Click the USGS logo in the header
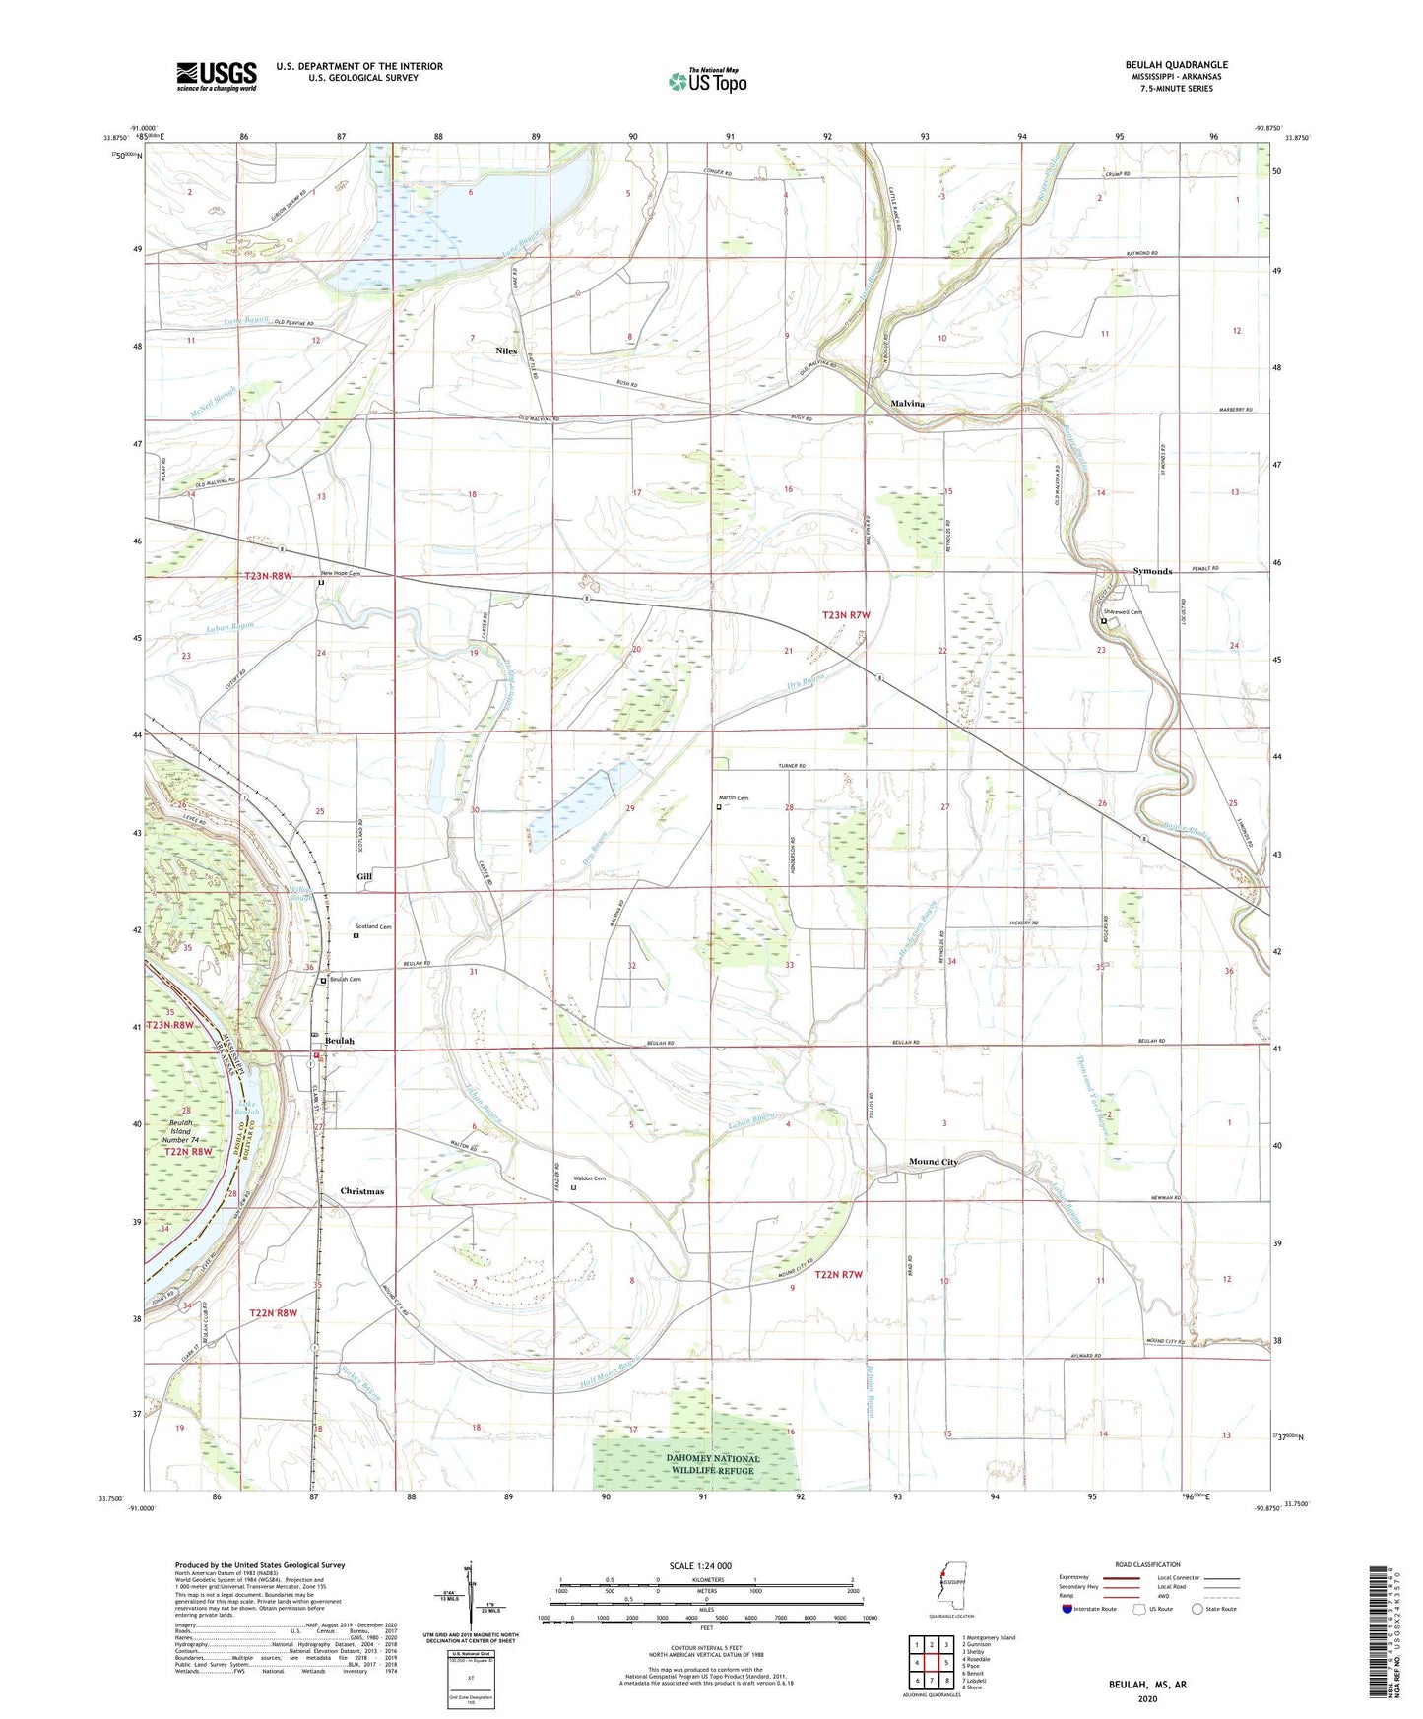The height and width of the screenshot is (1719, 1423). pos(217,76)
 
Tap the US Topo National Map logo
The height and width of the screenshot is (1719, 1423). pos(707,81)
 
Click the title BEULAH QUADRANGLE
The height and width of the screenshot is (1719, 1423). pos(1176,65)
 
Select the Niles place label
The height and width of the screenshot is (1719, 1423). pos(506,350)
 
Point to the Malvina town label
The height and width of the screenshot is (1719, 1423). pos(907,404)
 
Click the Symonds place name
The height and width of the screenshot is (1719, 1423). pos(1152,571)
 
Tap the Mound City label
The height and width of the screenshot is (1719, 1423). pos(933,1162)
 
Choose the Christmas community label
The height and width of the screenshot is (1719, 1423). pos(361,1191)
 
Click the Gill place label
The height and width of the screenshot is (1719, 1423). pos(364,875)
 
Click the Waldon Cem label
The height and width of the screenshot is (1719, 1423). pos(589,1178)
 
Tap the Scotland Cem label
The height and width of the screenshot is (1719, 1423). pos(373,926)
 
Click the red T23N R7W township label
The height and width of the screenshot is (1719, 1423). pos(846,615)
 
